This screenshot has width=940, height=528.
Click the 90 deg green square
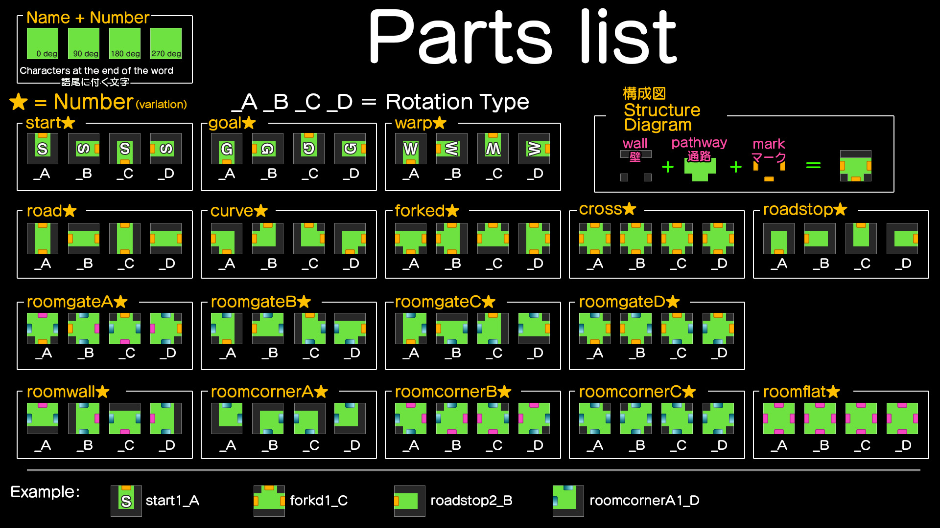(x=84, y=44)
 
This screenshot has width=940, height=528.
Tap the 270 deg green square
(x=166, y=44)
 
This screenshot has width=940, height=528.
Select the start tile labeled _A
(x=43, y=149)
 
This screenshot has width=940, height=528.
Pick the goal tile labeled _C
(x=309, y=149)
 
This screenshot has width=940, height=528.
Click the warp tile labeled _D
(x=534, y=149)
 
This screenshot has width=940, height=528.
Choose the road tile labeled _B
(x=84, y=239)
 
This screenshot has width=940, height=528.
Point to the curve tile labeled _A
(x=227, y=239)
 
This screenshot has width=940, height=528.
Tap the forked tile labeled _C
(x=493, y=239)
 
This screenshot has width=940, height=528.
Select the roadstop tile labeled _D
(x=902, y=239)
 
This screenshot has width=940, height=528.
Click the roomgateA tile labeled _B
(x=84, y=329)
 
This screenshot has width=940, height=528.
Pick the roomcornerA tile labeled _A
(x=227, y=418)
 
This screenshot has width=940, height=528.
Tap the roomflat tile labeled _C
(x=861, y=418)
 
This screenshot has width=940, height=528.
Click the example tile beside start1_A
(x=126, y=501)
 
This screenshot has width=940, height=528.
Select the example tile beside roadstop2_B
(x=410, y=501)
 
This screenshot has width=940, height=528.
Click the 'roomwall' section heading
(x=61, y=392)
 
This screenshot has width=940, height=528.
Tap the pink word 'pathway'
(x=699, y=143)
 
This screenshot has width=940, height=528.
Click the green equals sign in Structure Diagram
(x=813, y=166)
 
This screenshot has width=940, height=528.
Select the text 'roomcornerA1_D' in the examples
(x=644, y=501)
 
